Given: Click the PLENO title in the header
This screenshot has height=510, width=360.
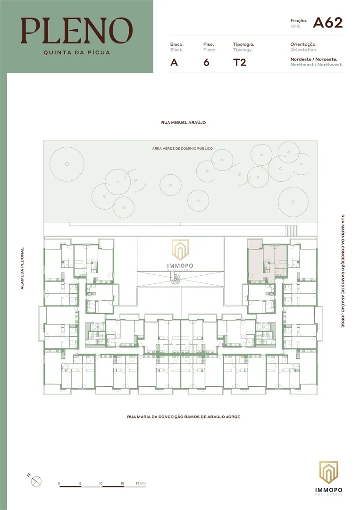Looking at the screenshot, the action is pos(77,30).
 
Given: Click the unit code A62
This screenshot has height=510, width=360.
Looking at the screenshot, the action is pos(327,23).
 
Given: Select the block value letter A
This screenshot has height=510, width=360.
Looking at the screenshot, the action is pos(174,62).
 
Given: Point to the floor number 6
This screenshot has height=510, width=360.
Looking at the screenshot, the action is pos(206,62).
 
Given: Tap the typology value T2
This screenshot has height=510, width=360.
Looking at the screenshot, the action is pos(240,62).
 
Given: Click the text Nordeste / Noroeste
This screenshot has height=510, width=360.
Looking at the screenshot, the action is pos(314,59).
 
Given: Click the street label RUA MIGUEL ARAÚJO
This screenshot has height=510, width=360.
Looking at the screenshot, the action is pos(183,123).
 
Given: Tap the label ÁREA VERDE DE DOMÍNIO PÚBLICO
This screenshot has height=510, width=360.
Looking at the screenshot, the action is pos(182,148).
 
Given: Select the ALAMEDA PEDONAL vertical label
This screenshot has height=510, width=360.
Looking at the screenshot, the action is pos(22,268).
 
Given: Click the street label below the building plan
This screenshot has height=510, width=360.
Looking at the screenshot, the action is pos(184,416).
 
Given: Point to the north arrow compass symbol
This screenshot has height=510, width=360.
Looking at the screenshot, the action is pos(36,481).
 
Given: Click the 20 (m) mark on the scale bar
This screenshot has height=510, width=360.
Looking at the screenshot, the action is pos(140,484).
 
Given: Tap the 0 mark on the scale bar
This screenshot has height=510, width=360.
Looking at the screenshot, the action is pos(59,484).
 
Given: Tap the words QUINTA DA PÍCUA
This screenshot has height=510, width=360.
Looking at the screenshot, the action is pos(77,52).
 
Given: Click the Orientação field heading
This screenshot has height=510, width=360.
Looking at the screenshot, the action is pos(303,44).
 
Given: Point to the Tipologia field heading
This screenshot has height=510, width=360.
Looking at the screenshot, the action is pos(243,44).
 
